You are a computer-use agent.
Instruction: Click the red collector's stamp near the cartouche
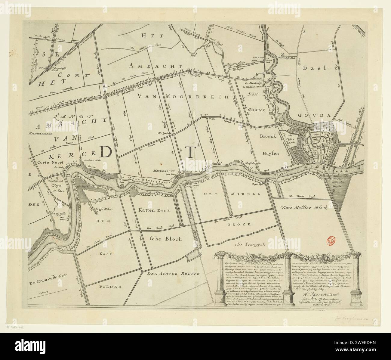(330, 240)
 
